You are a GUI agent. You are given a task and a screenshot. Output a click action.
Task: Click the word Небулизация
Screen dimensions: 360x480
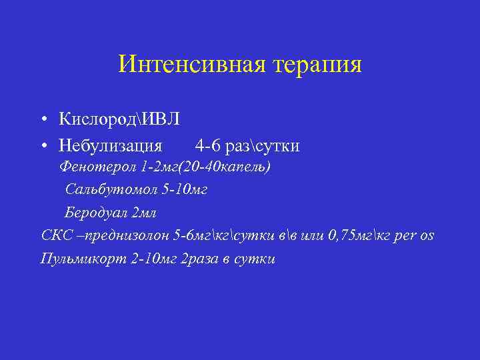(110, 145)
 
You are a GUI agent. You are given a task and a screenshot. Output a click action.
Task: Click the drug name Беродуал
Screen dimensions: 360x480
(97, 213)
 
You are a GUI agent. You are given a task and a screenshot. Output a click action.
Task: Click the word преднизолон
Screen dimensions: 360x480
(130, 236)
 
